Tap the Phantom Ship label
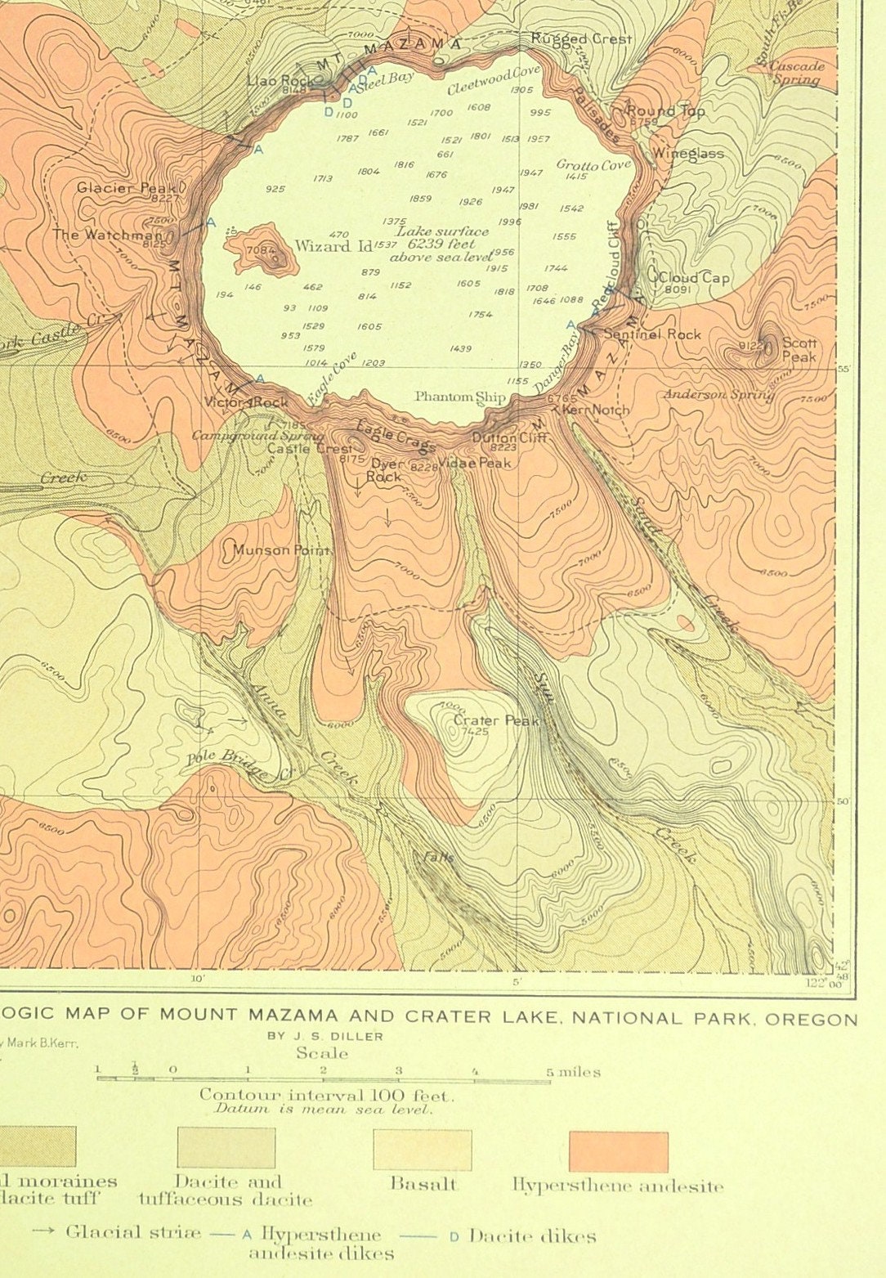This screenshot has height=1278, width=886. coord(460,397)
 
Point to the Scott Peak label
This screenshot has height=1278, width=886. coord(799,350)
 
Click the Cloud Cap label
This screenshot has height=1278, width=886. coord(694,278)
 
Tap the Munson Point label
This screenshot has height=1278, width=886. coord(281,550)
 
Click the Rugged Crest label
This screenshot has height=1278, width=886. coord(581,38)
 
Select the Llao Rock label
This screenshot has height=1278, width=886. coord(280,80)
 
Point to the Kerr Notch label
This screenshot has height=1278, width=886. coord(597,410)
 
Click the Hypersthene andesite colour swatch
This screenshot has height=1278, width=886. coord(618,1151)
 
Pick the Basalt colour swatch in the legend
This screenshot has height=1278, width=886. coord(422,1150)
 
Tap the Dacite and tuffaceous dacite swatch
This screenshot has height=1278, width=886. coord(226,1148)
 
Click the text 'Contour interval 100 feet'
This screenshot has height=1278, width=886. coord(326,1095)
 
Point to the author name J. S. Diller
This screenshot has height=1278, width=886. coord(325,1036)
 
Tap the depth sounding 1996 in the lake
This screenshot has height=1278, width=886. coord(509,222)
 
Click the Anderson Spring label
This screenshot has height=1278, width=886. coord(718,395)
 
